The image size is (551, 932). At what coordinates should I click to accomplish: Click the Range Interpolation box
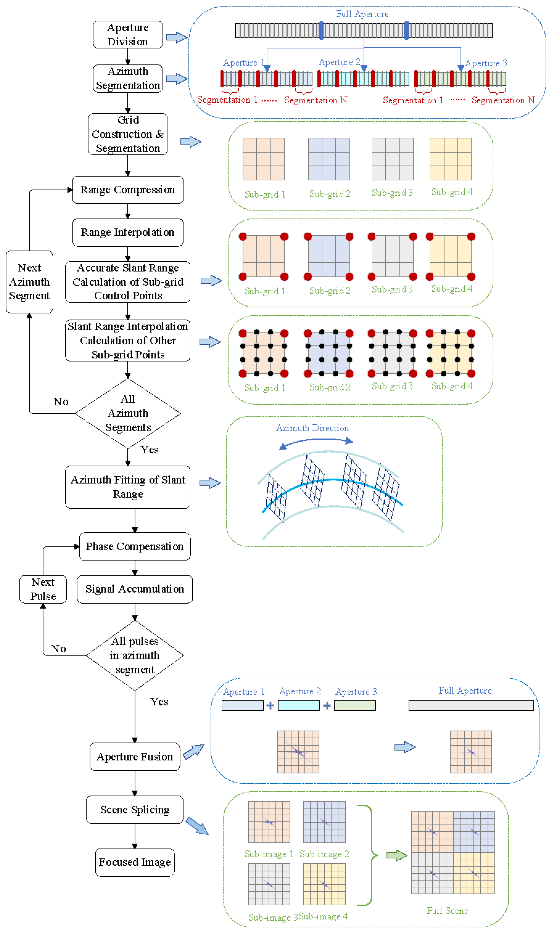tap(128, 232)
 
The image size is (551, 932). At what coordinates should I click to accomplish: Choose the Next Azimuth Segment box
tap(29, 282)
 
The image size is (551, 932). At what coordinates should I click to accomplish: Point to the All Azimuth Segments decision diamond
tap(128, 413)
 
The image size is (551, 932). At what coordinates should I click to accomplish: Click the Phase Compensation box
tap(135, 546)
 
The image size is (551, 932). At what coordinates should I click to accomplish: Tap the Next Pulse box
tap(43, 589)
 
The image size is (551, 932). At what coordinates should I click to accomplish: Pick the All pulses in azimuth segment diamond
tap(135, 655)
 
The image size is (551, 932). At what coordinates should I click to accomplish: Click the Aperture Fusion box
tap(135, 757)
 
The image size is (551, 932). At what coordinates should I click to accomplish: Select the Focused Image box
tap(135, 862)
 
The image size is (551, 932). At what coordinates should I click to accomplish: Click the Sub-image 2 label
tap(324, 854)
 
